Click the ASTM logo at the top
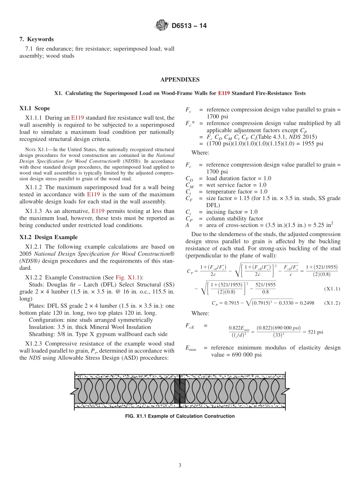pyautogui.click(x=162, y=26)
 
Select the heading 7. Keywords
pyautogui.click(x=36, y=39)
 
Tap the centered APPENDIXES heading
pyautogui.click(x=180, y=80)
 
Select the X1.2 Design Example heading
pyautogui.click(x=49, y=237)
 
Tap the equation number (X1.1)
pyautogui.click(x=332, y=289)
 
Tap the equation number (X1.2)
pyautogui.click(x=332, y=303)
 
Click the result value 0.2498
pyautogui.click(x=307, y=303)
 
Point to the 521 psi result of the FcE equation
pyautogui.click(x=315, y=332)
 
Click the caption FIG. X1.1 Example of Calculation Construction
pyautogui.click(x=180, y=416)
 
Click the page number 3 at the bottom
pyautogui.click(x=180, y=466)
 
